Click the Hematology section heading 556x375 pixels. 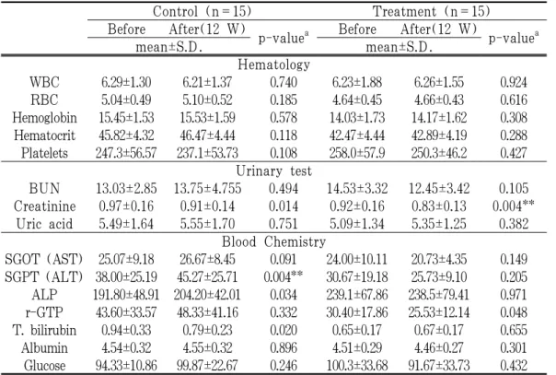coord(273,64)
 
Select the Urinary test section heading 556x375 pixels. coord(273,171)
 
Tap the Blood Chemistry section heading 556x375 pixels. coord(273,241)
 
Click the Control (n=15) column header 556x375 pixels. coord(203,11)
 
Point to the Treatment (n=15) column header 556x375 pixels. coord(431,11)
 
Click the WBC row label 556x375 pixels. coord(44,82)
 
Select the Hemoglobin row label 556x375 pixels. coord(44,118)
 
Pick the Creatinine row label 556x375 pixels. coord(44,206)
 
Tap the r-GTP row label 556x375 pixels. coord(44,312)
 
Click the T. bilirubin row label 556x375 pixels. coord(44,330)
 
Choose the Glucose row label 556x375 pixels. coord(44,366)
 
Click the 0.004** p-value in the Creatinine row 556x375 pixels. coord(514,205)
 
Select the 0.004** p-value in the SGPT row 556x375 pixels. coord(283,276)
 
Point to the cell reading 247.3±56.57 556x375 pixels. coord(126,153)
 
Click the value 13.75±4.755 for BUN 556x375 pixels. coord(207,188)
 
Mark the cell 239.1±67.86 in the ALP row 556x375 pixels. coord(357,295)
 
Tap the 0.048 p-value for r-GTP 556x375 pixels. coord(514,312)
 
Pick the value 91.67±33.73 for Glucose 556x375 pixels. coord(439,366)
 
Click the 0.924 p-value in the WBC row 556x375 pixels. coord(514,82)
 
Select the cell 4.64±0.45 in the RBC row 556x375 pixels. coord(357,100)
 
